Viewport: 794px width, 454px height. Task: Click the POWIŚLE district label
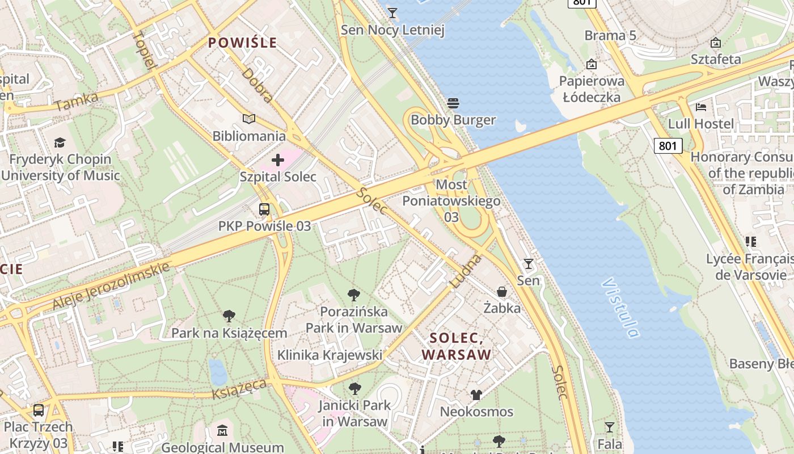pos(242,43)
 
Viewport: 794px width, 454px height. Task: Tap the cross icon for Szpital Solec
pos(277,160)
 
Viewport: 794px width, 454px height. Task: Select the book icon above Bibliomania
pos(248,119)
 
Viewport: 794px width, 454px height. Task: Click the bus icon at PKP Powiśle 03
pos(264,209)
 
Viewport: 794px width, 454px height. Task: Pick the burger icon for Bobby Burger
pos(453,103)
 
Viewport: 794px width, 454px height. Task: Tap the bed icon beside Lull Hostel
pos(701,107)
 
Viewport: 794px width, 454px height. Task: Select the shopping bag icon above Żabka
pos(502,292)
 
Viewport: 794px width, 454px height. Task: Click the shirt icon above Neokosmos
pos(476,394)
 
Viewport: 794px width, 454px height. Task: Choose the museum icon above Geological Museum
pos(222,431)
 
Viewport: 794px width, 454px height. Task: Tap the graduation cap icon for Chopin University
pos(60,142)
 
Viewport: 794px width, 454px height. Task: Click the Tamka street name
pos(77,102)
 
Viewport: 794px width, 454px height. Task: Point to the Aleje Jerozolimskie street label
pos(111,286)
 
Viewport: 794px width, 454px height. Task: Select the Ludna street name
pos(466,271)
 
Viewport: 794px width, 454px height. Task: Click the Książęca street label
pos(239,389)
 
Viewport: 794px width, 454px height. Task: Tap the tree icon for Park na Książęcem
pos(229,316)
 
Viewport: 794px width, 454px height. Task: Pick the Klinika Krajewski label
pos(330,355)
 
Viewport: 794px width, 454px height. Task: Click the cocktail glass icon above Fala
pos(610,427)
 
